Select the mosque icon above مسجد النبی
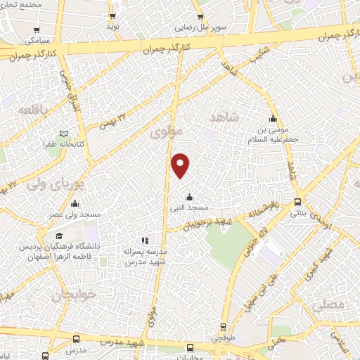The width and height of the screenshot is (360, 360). pyautogui.click(x=188, y=196)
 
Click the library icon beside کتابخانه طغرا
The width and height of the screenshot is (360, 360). pyautogui.click(x=64, y=134)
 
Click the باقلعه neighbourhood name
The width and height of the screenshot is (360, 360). pyautogui.click(x=34, y=111)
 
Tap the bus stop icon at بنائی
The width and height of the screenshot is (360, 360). pyautogui.click(x=299, y=201)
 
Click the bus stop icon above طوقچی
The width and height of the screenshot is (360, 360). pyautogui.click(x=223, y=327)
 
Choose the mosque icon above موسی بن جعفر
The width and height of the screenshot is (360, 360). pyautogui.click(x=272, y=119)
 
